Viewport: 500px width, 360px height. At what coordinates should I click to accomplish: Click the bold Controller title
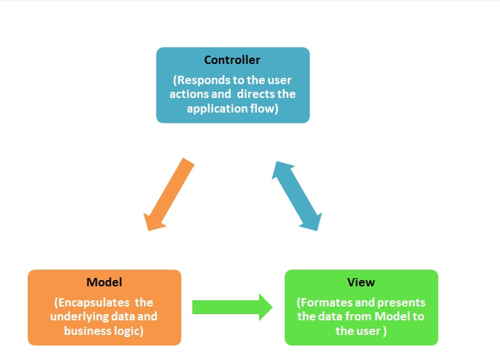(x=232, y=61)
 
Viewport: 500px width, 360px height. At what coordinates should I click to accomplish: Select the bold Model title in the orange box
(x=104, y=282)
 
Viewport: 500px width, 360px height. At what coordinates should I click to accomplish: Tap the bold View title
(x=361, y=282)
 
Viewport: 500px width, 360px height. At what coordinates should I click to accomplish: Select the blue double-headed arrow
(x=297, y=195)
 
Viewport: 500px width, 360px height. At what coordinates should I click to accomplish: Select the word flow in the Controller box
(x=265, y=108)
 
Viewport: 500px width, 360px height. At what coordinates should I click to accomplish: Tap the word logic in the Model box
(x=128, y=330)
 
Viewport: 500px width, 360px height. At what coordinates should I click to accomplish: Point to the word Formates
(x=326, y=302)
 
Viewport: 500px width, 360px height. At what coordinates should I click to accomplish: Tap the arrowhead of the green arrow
(x=266, y=307)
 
